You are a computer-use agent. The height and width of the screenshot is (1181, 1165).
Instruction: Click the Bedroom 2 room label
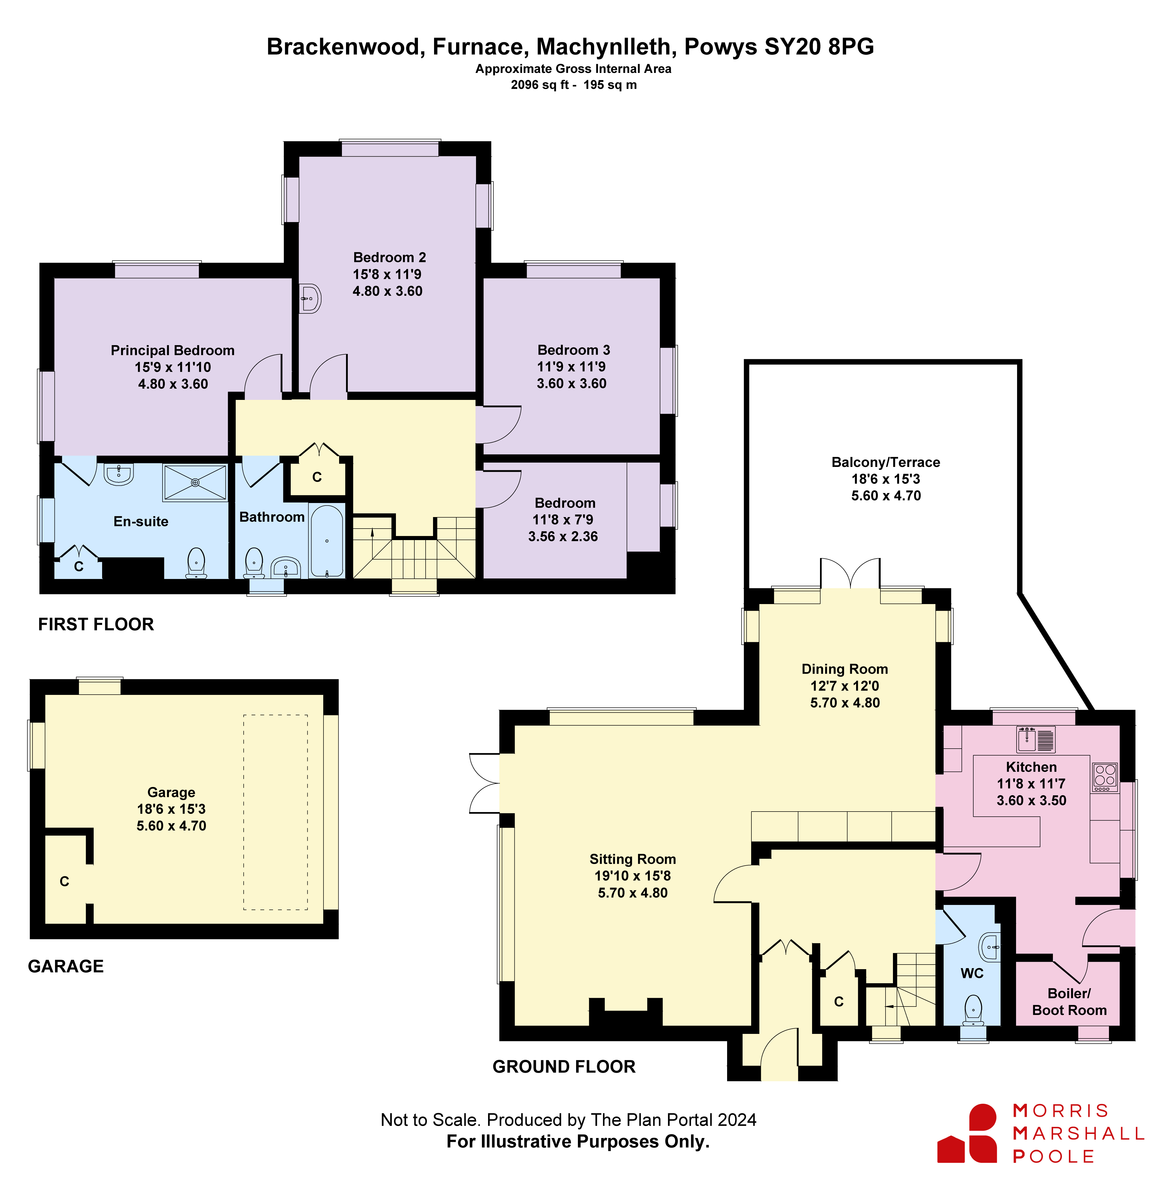pos(390,257)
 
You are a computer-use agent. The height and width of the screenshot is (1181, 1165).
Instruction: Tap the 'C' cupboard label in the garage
pos(64,881)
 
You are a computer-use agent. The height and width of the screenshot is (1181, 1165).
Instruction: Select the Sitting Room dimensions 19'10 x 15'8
pos(632,876)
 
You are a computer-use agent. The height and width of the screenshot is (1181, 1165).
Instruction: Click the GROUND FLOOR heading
pos(564,1067)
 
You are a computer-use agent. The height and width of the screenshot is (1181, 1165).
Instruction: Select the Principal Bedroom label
pos(172,350)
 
